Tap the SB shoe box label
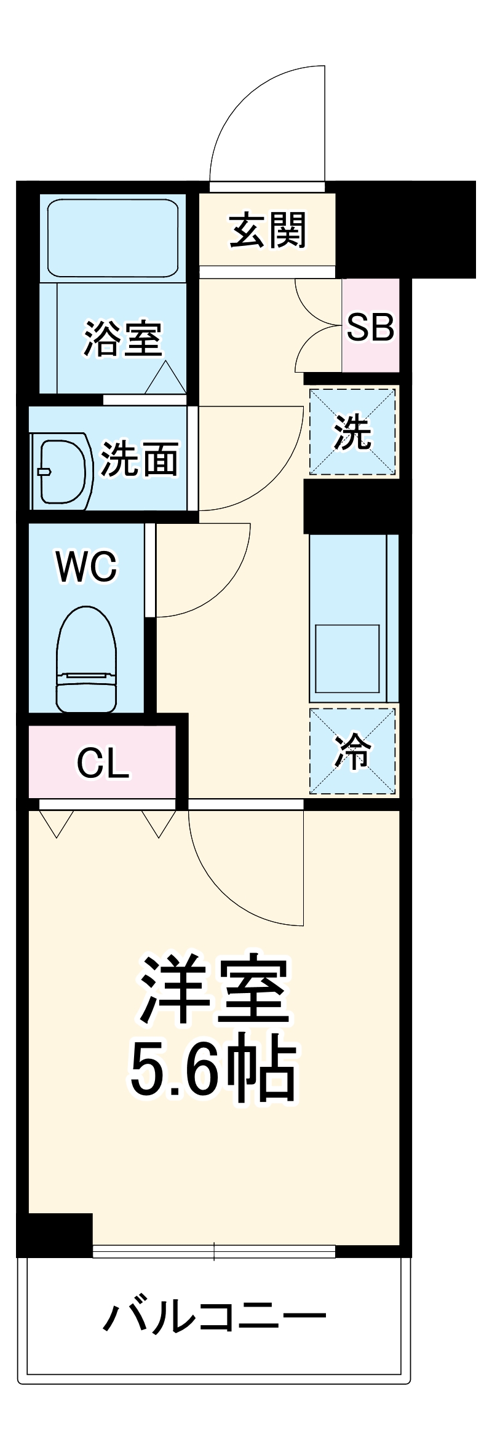[370, 327]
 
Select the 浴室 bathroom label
[122, 338]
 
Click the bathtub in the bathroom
[113, 237]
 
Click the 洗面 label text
[140, 459]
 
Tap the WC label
[86, 566]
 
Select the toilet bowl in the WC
[86, 658]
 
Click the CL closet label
[103, 763]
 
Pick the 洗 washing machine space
[352, 432]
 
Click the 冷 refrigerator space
[352, 751]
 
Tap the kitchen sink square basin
[347, 659]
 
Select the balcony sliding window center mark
[214, 1251]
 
